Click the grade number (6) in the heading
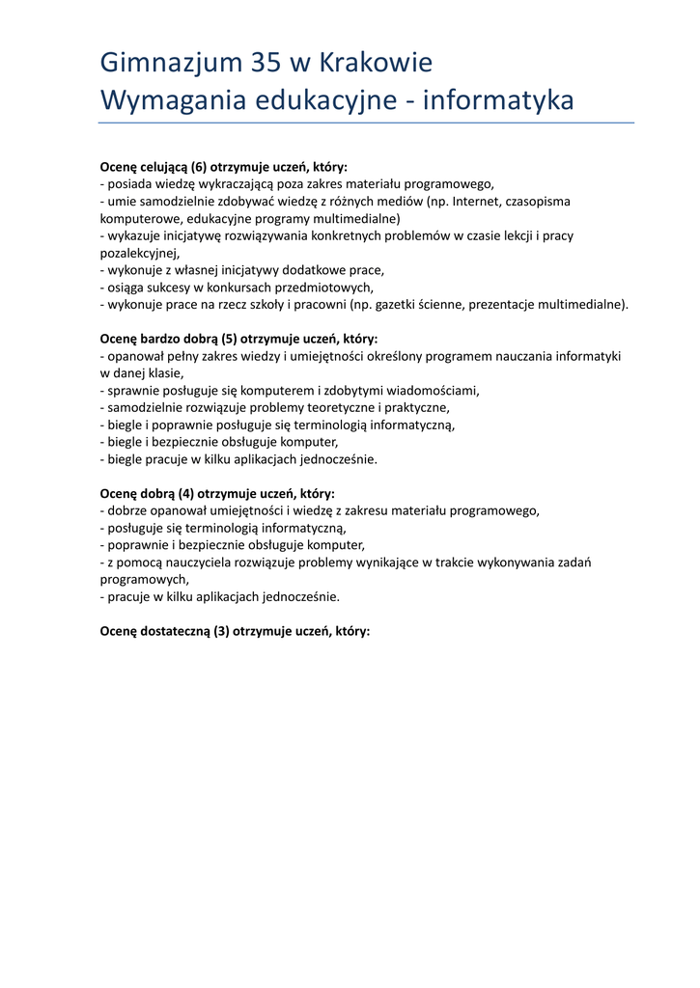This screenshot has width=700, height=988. coord(199,167)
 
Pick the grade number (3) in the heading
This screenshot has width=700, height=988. coord(220,632)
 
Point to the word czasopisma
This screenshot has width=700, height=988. coord(538,202)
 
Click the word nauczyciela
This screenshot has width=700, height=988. coord(204,563)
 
